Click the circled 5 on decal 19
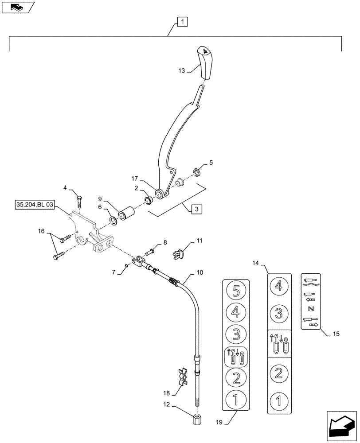pos(236,292)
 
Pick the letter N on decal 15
pos(310,308)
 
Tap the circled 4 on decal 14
pos(278,286)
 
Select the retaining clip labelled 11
pos(178,254)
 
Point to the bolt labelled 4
pos(79,202)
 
